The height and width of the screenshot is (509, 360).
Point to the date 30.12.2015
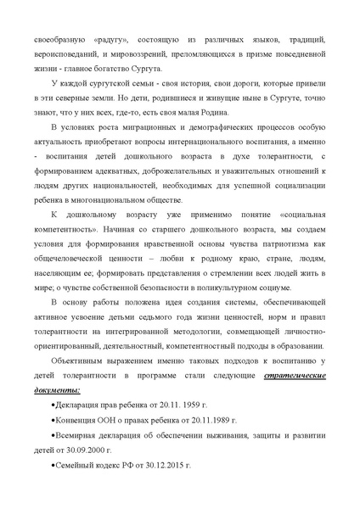point(156,468)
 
